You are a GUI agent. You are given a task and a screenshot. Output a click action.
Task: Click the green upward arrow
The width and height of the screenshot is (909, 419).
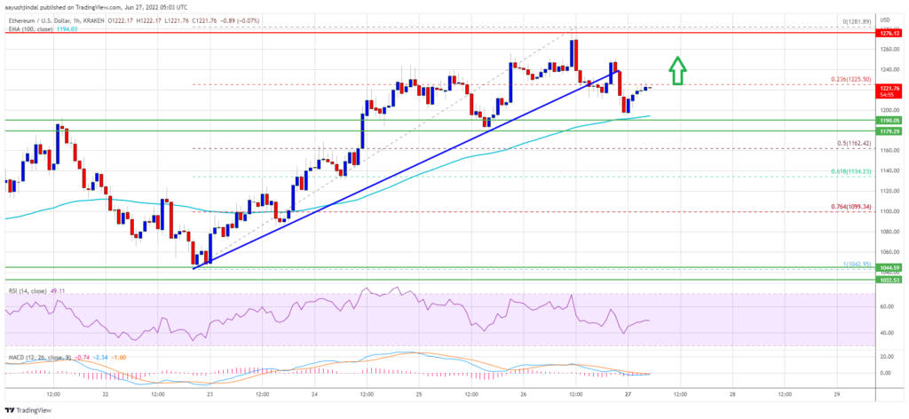pos(676,71)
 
